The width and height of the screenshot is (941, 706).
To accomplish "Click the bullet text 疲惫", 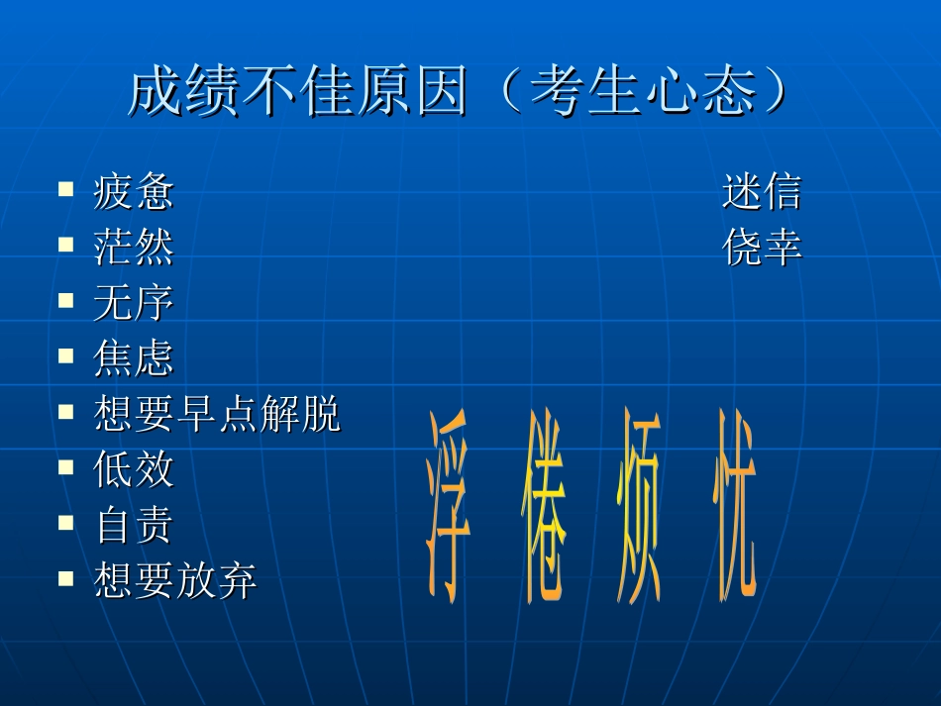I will click(x=134, y=192).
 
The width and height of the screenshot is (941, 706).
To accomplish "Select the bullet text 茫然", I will click(x=134, y=248).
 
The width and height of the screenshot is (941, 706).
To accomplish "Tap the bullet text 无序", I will click(x=134, y=303).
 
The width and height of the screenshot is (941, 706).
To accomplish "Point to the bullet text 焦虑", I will click(x=134, y=358).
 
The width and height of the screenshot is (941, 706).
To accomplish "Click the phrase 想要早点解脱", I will click(x=217, y=414).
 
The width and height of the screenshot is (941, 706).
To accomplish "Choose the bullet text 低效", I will click(x=134, y=469).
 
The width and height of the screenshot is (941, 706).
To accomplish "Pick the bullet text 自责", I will click(x=134, y=525).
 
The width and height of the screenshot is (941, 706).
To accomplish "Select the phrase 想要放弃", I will click(x=175, y=580).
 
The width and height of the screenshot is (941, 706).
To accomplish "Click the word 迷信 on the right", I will click(x=762, y=192).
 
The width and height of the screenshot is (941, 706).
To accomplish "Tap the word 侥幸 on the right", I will click(x=762, y=248).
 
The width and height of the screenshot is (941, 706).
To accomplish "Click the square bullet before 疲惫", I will click(x=66, y=187).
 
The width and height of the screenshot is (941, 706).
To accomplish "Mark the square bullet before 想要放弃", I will click(x=66, y=575).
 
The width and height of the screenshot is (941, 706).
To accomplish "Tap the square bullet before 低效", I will click(x=66, y=464).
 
